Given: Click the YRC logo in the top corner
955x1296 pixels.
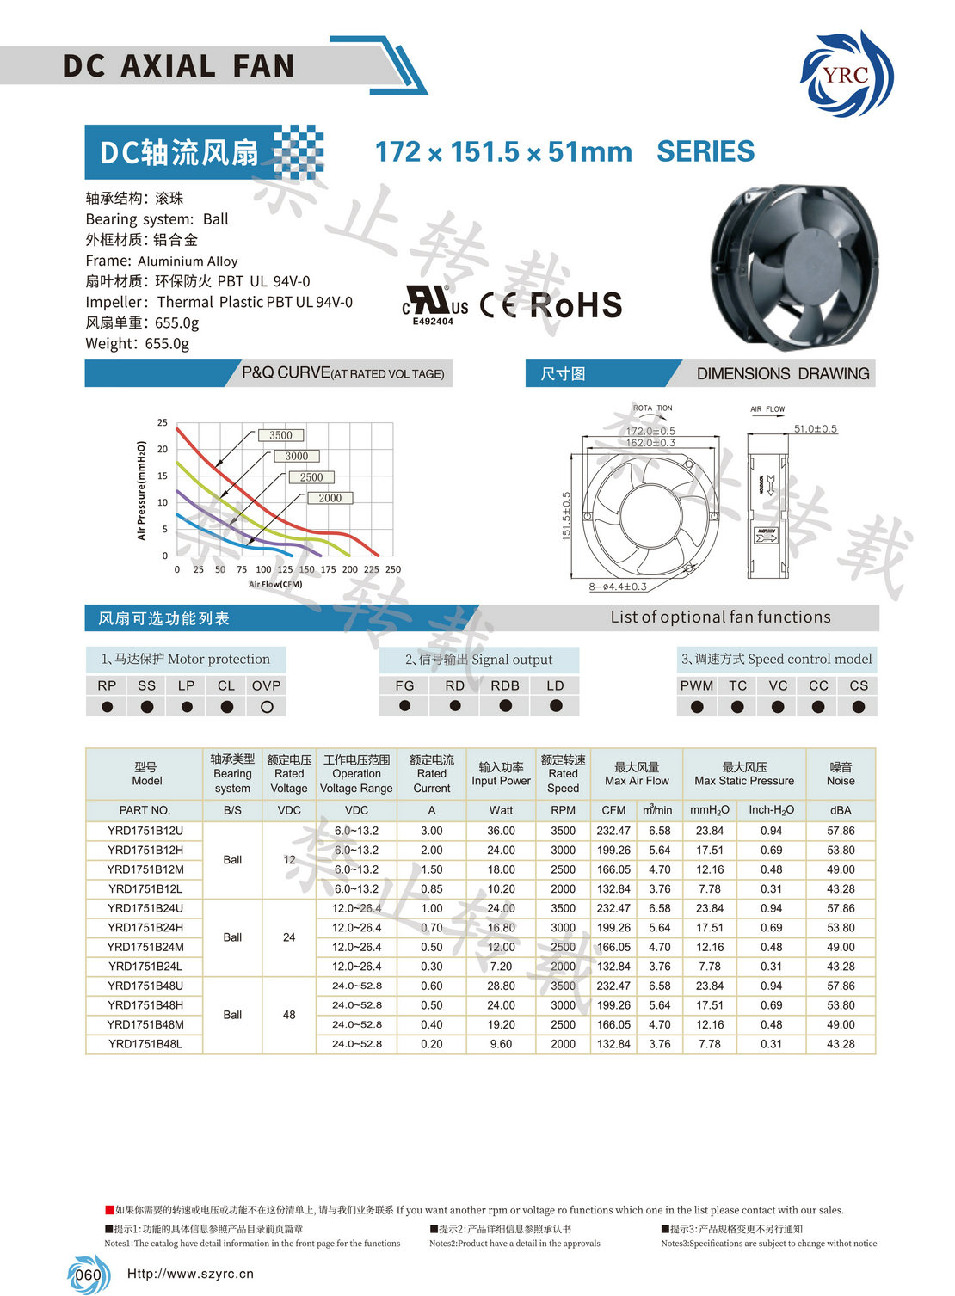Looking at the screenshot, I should pyautogui.click(x=847, y=74).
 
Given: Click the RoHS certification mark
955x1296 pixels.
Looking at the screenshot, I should pyautogui.click(x=576, y=305).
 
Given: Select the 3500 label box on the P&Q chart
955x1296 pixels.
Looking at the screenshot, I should pyautogui.click(x=280, y=435).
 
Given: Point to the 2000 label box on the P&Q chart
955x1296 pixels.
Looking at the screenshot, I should pyautogui.click(x=330, y=498).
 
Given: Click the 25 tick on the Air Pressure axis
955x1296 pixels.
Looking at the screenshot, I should pyautogui.click(x=163, y=422).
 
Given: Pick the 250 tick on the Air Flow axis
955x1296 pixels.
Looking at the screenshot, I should pyautogui.click(x=393, y=569).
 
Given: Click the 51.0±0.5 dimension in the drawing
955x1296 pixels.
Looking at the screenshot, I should pyautogui.click(x=815, y=428).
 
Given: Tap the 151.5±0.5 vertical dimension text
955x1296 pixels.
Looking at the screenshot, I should pyautogui.click(x=566, y=516).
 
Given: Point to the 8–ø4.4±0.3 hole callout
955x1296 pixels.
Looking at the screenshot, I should pyautogui.click(x=618, y=587).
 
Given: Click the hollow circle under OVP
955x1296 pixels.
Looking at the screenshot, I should pyautogui.click(x=267, y=707).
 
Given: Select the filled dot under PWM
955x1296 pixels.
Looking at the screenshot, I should pyautogui.click(x=697, y=707).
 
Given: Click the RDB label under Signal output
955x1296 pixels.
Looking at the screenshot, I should pyautogui.click(x=505, y=685).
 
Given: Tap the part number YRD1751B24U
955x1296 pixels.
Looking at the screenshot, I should pyautogui.click(x=145, y=908).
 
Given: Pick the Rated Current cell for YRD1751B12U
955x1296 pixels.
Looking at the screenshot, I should pyautogui.click(x=432, y=831).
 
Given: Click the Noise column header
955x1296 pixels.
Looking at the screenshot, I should pyautogui.click(x=841, y=774).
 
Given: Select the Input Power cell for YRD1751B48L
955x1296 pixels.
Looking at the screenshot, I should pyautogui.click(x=501, y=1044).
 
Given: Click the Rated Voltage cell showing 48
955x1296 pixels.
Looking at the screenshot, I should pyautogui.click(x=289, y=1015).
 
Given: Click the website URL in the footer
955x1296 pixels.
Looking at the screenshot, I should pyautogui.click(x=190, y=1274).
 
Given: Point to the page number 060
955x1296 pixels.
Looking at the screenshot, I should pyautogui.click(x=88, y=1275).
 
